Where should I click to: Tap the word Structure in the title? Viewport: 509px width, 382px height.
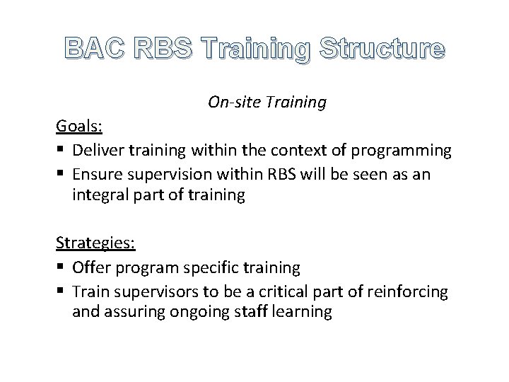382,49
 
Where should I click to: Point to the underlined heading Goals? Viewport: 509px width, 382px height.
79,126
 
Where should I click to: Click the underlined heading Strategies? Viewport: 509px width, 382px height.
95,243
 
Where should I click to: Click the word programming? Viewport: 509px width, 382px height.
405,150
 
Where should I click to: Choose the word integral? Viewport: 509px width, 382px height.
97,196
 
